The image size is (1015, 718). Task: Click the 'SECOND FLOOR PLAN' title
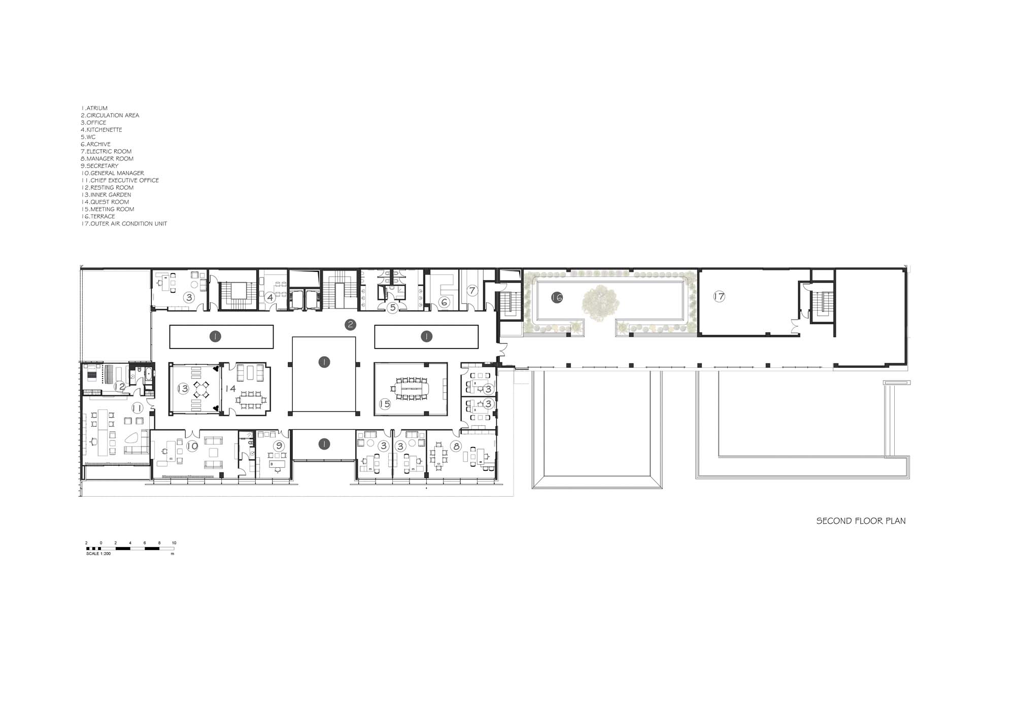pyautogui.click(x=861, y=521)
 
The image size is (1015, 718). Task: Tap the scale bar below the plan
pyautogui.click(x=130, y=549)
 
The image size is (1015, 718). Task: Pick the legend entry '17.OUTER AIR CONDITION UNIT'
pyautogui.click(x=124, y=224)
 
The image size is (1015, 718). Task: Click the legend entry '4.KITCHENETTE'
pyautogui.click(x=101, y=130)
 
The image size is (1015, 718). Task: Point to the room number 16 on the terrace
pyautogui.click(x=557, y=297)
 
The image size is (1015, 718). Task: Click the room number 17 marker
pyautogui.click(x=719, y=296)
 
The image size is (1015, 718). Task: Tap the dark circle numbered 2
pyautogui.click(x=350, y=325)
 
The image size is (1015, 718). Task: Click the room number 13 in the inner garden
pyautogui.click(x=183, y=389)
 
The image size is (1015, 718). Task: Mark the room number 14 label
pyautogui.click(x=230, y=389)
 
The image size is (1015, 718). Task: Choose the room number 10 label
pyautogui.click(x=192, y=446)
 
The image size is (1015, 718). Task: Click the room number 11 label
pyautogui.click(x=137, y=408)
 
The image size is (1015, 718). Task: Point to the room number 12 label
pyautogui.click(x=119, y=387)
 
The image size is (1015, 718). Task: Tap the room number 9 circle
pyautogui.click(x=278, y=446)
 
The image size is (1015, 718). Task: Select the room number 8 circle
pyautogui.click(x=456, y=446)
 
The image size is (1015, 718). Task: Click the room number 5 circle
pyautogui.click(x=392, y=307)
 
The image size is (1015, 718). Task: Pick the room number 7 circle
pyautogui.click(x=472, y=290)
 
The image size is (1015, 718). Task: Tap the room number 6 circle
pyautogui.click(x=445, y=302)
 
